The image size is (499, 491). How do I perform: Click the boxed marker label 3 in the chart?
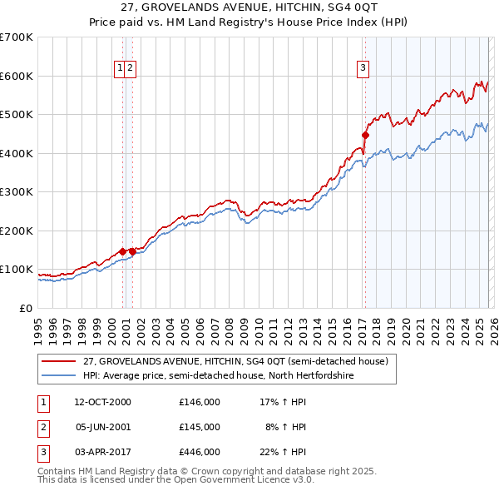point(363,69)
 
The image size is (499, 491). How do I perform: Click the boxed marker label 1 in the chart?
point(121,69)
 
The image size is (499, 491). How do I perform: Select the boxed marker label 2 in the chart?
point(131,69)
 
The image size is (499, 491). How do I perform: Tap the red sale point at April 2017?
point(365,135)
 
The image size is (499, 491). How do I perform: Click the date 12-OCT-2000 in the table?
point(103,402)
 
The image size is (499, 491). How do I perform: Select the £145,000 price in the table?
point(200,427)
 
